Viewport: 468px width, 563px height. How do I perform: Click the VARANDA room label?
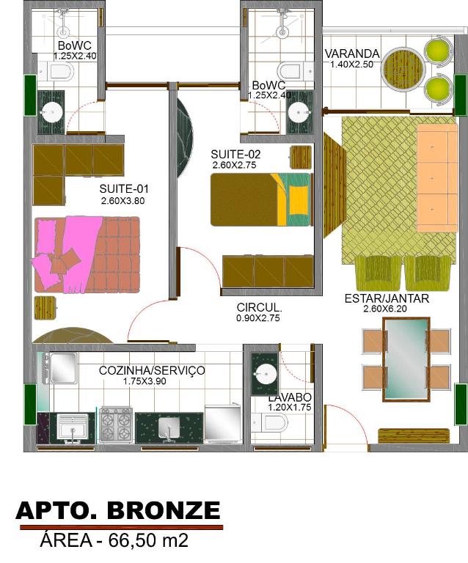pos(352,54)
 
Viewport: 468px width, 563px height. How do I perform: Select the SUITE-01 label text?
pos(123,189)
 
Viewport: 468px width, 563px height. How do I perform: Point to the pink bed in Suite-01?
pos(87,254)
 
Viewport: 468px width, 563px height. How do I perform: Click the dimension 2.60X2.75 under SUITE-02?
pos(234,166)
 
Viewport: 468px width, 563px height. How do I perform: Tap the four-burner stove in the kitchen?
pos(116,425)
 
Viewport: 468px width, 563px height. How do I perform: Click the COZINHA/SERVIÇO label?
pos(152,370)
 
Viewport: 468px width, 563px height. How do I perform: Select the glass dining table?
pos(406,360)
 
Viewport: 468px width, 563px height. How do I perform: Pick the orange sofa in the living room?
pos(436,178)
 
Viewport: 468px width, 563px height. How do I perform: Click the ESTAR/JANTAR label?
pos(387,298)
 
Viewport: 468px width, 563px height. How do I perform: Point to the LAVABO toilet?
pos(269,422)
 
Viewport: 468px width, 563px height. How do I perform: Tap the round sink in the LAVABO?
pos(266,374)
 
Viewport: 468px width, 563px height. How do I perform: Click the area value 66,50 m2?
pos(148,540)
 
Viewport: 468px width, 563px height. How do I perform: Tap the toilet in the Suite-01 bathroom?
pos(56,71)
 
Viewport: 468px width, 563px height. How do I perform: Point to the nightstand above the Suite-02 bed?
pos(301,157)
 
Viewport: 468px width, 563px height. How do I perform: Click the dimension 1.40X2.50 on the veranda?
pos(351,65)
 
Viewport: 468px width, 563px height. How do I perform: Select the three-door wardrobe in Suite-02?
pos(268,271)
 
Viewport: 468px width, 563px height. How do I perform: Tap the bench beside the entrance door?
pos(414,435)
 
